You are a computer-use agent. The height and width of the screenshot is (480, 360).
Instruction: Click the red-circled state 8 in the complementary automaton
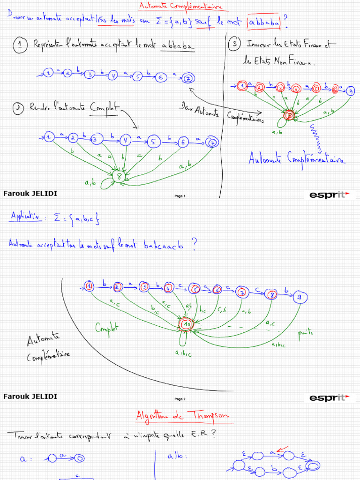tap(290, 114)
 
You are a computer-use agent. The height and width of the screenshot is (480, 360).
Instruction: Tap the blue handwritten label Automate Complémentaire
tap(296, 159)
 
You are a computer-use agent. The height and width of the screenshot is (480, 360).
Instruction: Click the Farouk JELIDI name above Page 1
tap(30, 193)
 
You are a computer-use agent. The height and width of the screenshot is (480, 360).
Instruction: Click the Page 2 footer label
tap(180, 399)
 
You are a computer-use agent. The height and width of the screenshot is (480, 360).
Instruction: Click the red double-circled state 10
tap(186, 324)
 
